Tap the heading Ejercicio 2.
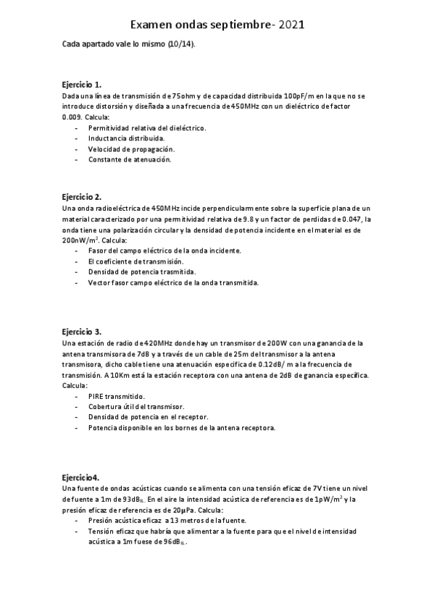tap(82, 197)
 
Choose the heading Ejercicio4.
tap(80, 478)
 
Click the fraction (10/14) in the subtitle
tap(180, 45)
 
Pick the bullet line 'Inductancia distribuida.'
tap(126, 138)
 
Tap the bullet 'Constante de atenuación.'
tap(130, 159)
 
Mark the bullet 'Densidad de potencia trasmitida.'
tap(142, 272)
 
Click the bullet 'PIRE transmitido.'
tap(116, 396)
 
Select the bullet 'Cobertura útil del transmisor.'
tap(136, 407)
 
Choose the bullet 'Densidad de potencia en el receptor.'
tap(148, 417)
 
